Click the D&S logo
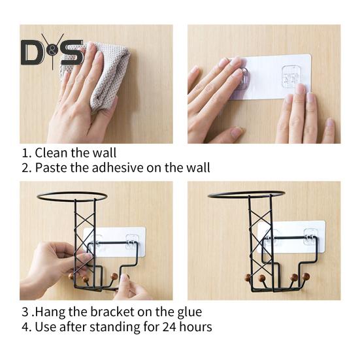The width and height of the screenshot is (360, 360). click(x=52, y=52)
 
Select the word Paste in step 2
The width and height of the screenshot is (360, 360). click(x=50, y=168)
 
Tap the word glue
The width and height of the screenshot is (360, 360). click(x=189, y=312)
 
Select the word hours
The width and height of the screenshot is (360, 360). click(x=185, y=327)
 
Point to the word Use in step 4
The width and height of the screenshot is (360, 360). click(x=45, y=327)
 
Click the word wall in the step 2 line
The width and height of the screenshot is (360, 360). click(x=195, y=168)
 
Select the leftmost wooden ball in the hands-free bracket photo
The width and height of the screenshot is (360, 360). click(x=248, y=278)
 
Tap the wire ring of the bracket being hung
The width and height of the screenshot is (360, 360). click(x=72, y=196)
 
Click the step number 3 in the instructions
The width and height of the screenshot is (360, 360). click(x=25, y=312)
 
